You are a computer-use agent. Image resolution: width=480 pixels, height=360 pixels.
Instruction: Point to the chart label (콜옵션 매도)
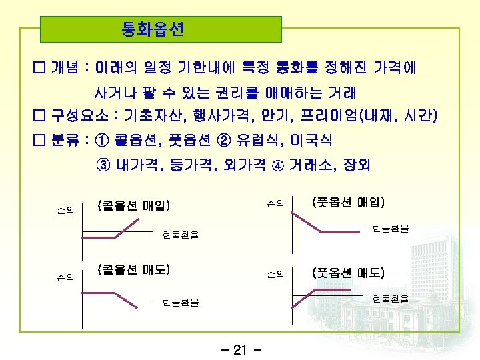pos(134,270)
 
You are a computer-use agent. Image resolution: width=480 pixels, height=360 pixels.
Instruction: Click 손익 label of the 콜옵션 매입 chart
pos(65,209)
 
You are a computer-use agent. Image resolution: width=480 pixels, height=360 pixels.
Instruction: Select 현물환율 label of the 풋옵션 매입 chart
pos(391,228)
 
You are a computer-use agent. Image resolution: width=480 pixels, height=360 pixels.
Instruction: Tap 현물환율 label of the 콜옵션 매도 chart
pos(180,302)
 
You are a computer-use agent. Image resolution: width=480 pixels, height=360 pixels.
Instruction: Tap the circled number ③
pos(103,165)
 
